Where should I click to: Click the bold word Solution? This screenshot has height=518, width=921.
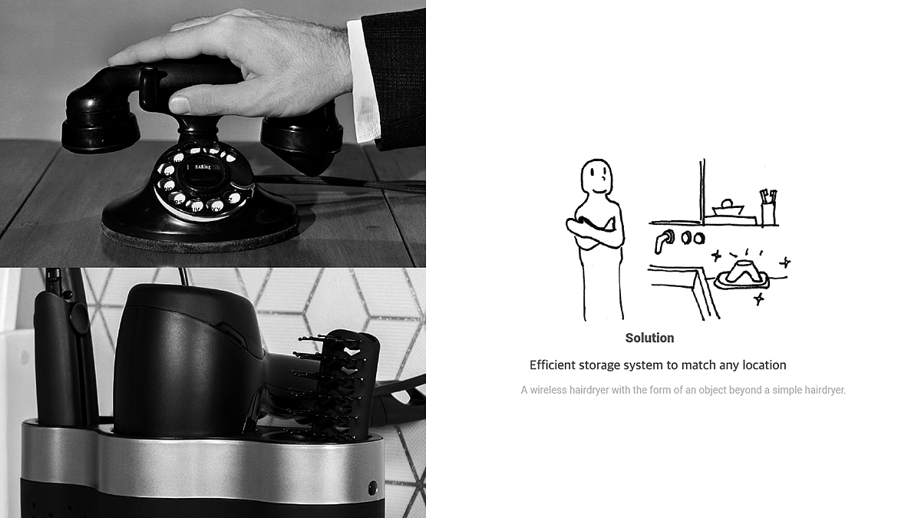pos(649,338)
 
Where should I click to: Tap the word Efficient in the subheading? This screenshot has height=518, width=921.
pos(552,365)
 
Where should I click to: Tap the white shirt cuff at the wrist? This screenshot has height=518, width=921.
pos(362,82)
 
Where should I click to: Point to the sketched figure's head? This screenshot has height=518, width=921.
pos(596,177)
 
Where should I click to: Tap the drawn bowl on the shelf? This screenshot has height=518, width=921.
pos(728,208)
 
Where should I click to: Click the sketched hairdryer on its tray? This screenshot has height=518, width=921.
pos(742,274)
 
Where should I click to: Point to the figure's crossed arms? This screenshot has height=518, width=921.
pos(594,233)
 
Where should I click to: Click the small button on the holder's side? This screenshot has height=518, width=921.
pos(372,488)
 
